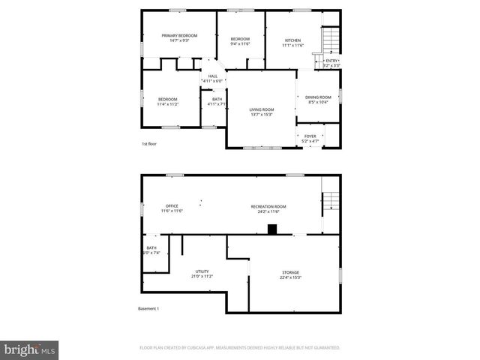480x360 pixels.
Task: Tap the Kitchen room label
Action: (x=293, y=40)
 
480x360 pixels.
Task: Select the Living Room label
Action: (x=261, y=110)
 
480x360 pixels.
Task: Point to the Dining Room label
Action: (x=319, y=97)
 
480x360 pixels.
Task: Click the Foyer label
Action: (x=310, y=136)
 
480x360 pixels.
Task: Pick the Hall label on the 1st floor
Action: (x=213, y=76)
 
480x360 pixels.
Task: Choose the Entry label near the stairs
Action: (x=331, y=61)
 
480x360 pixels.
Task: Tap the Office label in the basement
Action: (x=172, y=206)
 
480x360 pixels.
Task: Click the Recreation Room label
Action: (x=271, y=206)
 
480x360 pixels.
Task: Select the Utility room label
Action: (x=202, y=271)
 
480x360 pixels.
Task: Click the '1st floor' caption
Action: (x=149, y=143)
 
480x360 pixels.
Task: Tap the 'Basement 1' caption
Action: (x=148, y=308)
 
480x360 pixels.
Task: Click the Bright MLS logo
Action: (x=30, y=349)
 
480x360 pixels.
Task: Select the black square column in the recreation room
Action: (x=272, y=229)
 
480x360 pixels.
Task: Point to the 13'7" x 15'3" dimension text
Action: (x=261, y=115)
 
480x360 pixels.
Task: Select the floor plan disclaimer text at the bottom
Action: (x=240, y=348)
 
